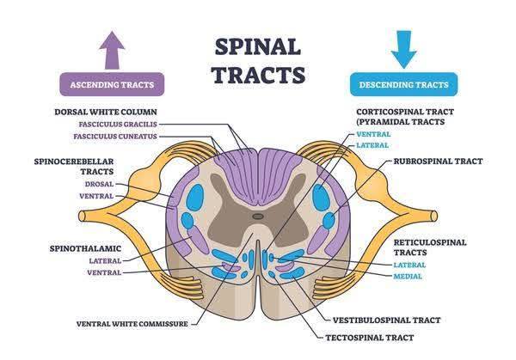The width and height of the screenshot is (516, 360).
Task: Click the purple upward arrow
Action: tap(112, 50)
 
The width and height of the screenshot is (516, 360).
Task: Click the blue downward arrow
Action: tap(404, 49)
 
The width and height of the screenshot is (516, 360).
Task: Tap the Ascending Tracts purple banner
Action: tap(112, 84)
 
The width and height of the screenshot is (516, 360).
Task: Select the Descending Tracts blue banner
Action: tap(404, 84)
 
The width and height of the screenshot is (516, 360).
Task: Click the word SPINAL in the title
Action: tap(258, 47)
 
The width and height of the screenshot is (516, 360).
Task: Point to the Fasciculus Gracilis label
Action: tap(118, 125)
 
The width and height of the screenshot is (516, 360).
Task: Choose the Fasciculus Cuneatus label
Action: tap(115, 136)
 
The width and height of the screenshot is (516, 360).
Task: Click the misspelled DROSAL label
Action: tap(99, 184)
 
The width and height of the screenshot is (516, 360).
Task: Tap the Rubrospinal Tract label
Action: tap(438, 161)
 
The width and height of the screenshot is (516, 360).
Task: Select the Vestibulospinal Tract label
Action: tap(386, 320)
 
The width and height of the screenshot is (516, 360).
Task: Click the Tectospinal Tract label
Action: tap(370, 338)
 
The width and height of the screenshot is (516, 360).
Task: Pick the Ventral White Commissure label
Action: tap(132, 324)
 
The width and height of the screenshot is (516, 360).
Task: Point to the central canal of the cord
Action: tap(258, 217)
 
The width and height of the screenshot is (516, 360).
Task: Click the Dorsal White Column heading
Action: tap(106, 112)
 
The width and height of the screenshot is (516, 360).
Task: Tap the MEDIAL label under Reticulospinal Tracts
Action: tap(408, 277)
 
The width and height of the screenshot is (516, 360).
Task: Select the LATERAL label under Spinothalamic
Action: tap(105, 260)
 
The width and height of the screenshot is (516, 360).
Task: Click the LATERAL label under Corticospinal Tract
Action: tap(372, 145)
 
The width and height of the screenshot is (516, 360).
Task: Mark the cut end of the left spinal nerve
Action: tap(82, 217)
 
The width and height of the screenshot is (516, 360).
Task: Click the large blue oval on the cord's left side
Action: tap(195, 198)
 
